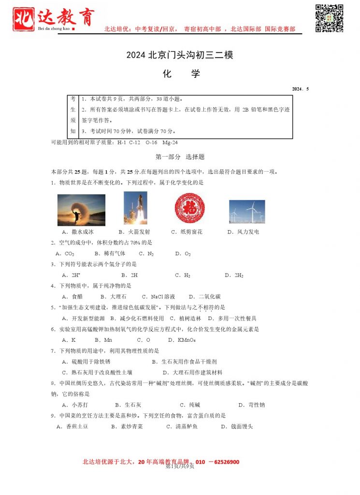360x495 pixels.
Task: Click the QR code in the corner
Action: [329, 18]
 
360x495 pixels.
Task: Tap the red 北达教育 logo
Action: [53, 19]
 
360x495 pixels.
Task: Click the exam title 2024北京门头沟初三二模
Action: [180, 55]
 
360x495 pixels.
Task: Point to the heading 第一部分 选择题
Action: [180, 157]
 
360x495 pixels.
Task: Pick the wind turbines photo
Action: [246, 212]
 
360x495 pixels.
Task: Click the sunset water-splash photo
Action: [81, 210]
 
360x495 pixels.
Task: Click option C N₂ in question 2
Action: [146, 253]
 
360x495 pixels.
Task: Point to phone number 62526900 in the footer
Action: [224, 462]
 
